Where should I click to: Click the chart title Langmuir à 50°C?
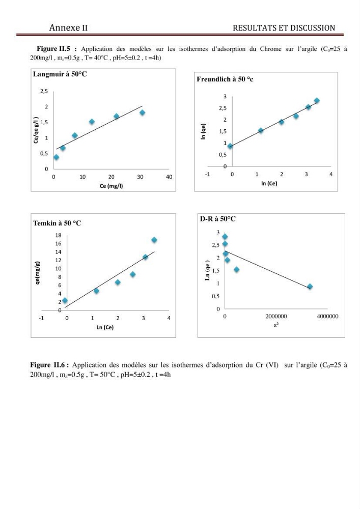tap(60, 74)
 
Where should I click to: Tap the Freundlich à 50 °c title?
tap(225, 79)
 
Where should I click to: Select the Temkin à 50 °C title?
tap(57, 223)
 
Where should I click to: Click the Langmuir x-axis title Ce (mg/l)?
tap(112, 186)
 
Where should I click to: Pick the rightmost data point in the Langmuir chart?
tap(142, 112)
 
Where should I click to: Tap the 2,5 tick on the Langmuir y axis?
tap(44, 91)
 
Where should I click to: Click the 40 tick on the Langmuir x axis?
tap(169, 177)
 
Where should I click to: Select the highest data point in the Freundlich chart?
tap(317, 101)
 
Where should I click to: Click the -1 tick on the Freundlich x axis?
tap(207, 174)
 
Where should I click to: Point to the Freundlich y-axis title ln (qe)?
tap(204, 131)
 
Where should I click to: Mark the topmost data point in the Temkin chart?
tap(154, 240)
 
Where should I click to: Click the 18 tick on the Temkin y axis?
tap(58, 235)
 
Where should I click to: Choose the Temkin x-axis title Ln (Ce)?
tap(105, 327)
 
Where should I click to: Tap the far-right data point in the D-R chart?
tap(310, 286)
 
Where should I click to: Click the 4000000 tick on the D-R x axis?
tap(327, 316)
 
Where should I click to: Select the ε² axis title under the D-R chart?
tap(276, 324)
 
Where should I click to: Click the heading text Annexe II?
tap(69, 27)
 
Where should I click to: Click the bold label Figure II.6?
tap(49, 365)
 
